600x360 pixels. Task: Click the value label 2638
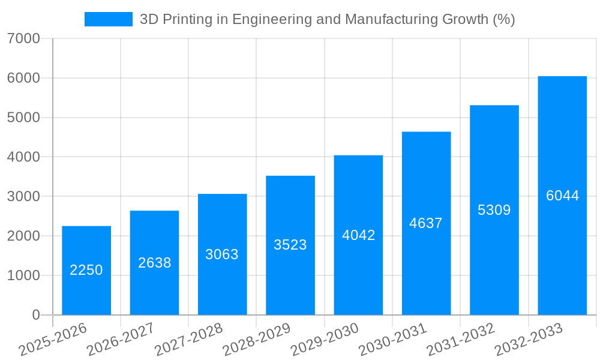point(155,263)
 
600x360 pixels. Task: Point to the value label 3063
point(222,254)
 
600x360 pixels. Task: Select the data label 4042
point(358,235)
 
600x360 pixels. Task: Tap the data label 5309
point(494,210)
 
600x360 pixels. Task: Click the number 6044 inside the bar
point(562,196)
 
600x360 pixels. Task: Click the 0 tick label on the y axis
point(35,315)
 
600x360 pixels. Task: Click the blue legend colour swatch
point(108,19)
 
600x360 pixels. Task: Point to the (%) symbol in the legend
point(503,19)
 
